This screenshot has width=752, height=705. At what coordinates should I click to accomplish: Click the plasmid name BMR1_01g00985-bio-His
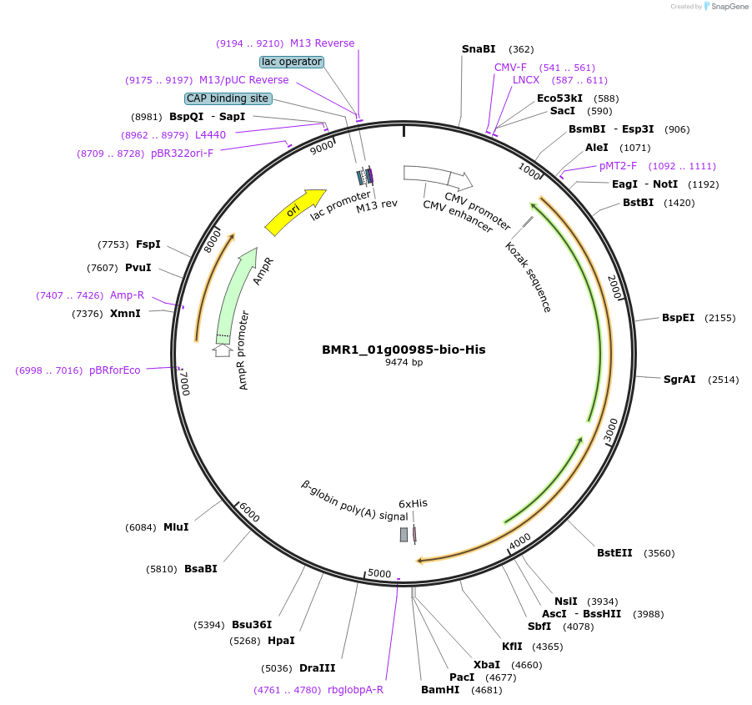pyautogui.click(x=404, y=350)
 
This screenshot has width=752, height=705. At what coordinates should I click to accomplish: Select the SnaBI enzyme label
pyautogui.click(x=479, y=49)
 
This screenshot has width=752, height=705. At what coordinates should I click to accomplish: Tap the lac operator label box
pyautogui.click(x=292, y=62)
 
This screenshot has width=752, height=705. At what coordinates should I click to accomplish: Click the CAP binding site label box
pyautogui.click(x=228, y=98)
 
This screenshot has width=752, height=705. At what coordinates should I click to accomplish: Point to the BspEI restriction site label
pyautogui.click(x=678, y=318)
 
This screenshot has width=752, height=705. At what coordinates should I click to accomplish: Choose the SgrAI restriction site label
pyautogui.click(x=679, y=380)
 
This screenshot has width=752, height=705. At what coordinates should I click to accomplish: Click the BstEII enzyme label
pyautogui.click(x=614, y=553)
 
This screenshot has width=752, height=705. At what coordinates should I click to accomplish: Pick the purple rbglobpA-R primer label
pyautogui.click(x=355, y=690)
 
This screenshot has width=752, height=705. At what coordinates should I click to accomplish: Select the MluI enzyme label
pyautogui.click(x=176, y=527)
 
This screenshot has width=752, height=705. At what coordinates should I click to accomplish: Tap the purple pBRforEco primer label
pyautogui.click(x=115, y=370)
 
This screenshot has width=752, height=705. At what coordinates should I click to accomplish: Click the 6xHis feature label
pyautogui.click(x=413, y=503)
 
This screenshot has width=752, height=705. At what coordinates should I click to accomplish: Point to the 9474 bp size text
pyautogui.click(x=404, y=363)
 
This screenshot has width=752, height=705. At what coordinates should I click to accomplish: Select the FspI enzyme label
pyautogui.click(x=148, y=244)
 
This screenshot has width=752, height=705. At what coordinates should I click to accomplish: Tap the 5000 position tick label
pyautogui.click(x=379, y=573)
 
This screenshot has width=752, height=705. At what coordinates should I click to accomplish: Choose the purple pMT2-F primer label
pyautogui.click(x=618, y=166)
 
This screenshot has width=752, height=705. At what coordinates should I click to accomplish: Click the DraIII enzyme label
pyautogui.click(x=317, y=667)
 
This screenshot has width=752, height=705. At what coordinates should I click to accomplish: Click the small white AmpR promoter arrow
pyautogui.click(x=222, y=350)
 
